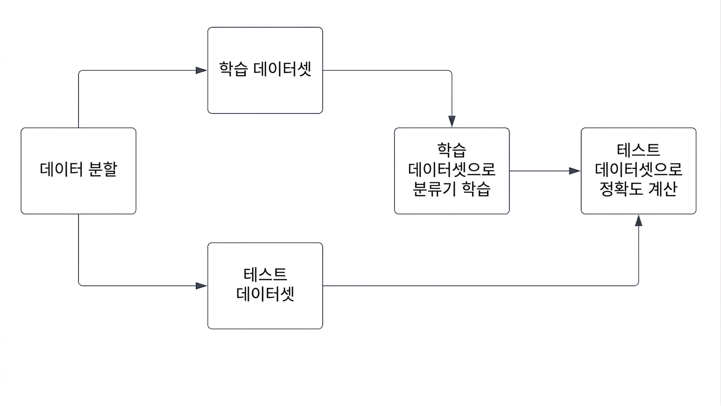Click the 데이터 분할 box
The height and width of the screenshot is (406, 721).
pyautogui.click(x=79, y=171)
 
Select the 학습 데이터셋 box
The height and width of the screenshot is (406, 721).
pyautogui.click(x=265, y=70)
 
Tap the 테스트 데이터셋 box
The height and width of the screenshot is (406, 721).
pyautogui.click(x=265, y=286)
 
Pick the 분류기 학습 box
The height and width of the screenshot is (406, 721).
pyautogui.click(x=452, y=171)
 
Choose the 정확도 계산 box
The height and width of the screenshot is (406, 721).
pyautogui.click(x=639, y=171)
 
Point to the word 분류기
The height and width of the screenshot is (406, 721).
pyautogui.click(x=434, y=189)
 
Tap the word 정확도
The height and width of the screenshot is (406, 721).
pyautogui.click(x=621, y=189)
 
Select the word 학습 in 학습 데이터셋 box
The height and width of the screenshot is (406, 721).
pyautogui.click(x=233, y=69)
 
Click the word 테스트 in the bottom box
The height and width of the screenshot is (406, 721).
pyautogui.click(x=265, y=274)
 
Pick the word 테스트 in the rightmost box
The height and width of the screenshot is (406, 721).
pyautogui.click(x=639, y=150)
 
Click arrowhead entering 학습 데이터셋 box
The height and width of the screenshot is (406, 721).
pyautogui.click(x=201, y=70)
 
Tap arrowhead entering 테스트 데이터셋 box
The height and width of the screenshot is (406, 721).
pyautogui.click(x=201, y=285)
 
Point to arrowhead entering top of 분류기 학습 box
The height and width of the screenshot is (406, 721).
pyautogui.click(x=452, y=122)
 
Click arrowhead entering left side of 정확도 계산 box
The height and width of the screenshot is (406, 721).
pyautogui.click(x=575, y=171)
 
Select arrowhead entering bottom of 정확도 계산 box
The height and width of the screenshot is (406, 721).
pyautogui.click(x=639, y=220)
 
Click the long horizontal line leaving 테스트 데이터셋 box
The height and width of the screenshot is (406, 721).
pyautogui.click(x=479, y=285)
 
